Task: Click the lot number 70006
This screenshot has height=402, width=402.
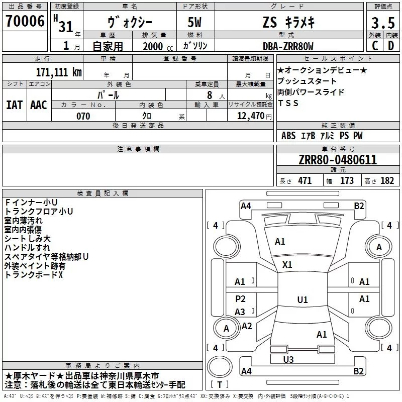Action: pyautogui.click(x=25, y=21)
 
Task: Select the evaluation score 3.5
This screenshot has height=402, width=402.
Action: pyautogui.click(x=383, y=23)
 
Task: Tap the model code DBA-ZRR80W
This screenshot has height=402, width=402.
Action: pyautogui.click(x=288, y=46)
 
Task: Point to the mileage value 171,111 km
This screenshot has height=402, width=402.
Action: pyautogui.click(x=58, y=72)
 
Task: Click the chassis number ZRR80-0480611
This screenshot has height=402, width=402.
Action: pyautogui.click(x=337, y=160)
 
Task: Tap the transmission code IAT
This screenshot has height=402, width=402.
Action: pyautogui.click(x=14, y=105)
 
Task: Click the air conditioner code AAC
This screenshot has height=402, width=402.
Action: pyautogui.click(x=39, y=105)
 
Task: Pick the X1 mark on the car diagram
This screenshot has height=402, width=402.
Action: pyautogui.click(x=287, y=264)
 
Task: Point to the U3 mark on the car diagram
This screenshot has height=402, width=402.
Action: pyautogui.click(x=288, y=359)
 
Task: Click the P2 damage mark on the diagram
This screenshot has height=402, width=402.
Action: pyautogui.click(x=240, y=299)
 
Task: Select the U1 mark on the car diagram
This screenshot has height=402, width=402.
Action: pyautogui.click(x=302, y=300)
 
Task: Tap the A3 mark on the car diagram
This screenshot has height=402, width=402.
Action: pyautogui.click(x=240, y=312)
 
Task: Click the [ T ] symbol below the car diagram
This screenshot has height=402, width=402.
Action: pyautogui.click(x=220, y=385)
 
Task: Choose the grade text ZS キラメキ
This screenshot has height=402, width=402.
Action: pyautogui.click(x=287, y=23)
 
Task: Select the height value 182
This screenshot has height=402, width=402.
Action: pyautogui.click(x=387, y=181)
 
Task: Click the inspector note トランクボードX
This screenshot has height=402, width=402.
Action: pyautogui.click(x=34, y=275)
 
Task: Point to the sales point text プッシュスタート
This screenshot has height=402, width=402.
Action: pyautogui.click(x=307, y=81)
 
